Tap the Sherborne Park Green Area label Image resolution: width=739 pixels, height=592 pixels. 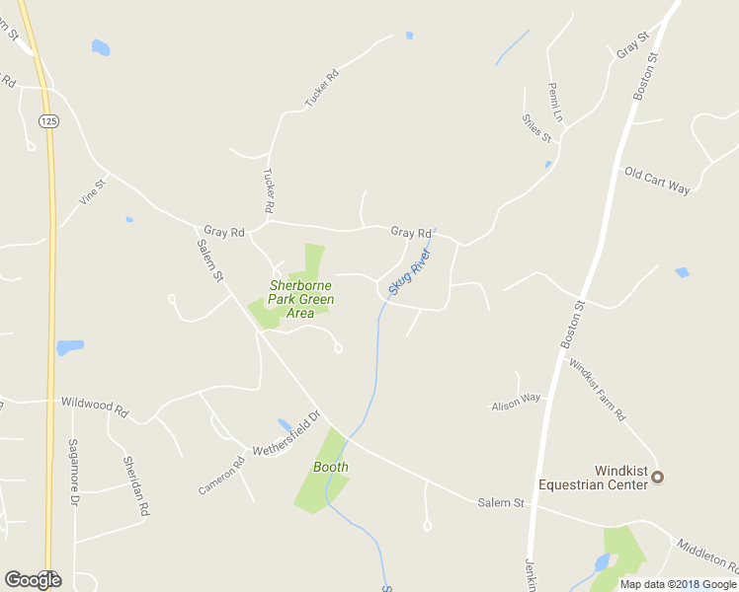301,299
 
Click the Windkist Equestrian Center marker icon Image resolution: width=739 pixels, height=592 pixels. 658,478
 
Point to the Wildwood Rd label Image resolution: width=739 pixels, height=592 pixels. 95,405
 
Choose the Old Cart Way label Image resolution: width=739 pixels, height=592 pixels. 657,180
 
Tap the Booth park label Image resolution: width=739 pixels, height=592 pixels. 330,467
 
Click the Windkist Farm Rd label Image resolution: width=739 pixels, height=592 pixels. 598,389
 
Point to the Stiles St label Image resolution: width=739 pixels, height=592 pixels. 536,129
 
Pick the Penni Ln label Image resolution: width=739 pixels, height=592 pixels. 555,102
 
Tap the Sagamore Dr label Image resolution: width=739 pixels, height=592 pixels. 73,472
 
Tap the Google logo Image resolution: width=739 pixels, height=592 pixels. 33,580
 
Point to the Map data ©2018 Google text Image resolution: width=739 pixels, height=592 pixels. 678,584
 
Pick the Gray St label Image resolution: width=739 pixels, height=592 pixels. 631,44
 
